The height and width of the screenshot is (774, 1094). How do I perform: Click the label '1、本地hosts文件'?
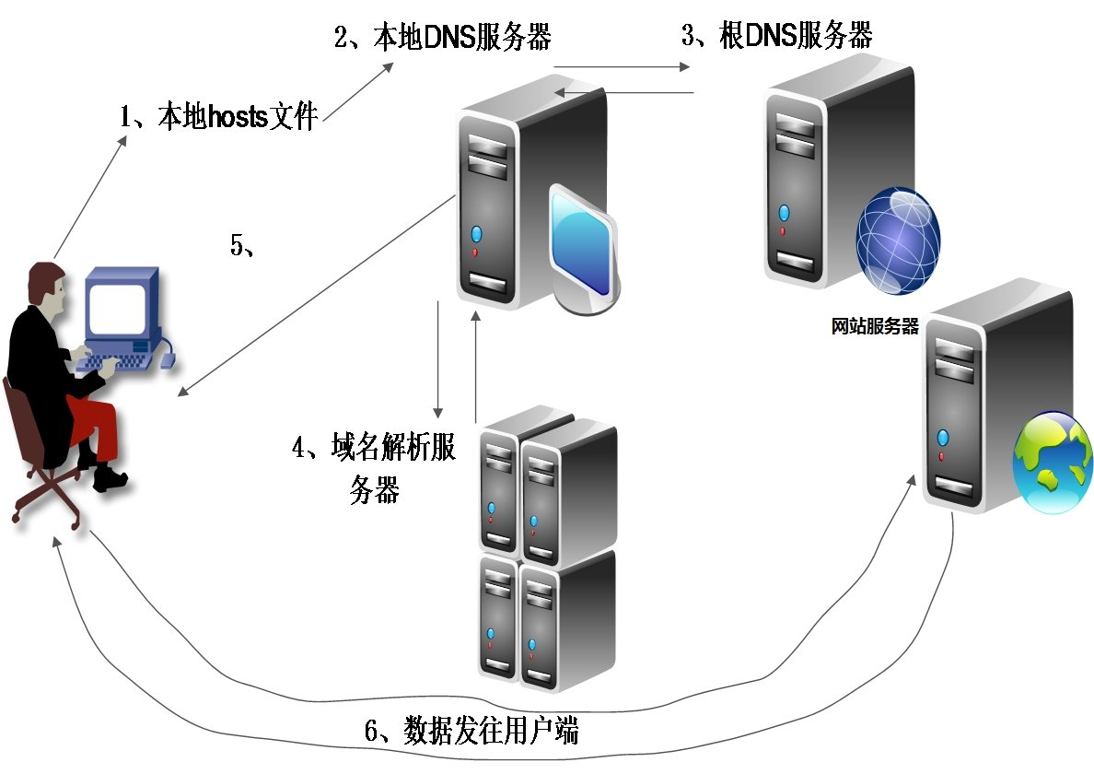218,118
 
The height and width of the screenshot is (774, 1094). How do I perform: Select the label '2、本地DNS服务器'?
442,38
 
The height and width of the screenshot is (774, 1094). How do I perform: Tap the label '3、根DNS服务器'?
776,36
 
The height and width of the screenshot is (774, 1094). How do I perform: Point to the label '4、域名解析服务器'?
374,468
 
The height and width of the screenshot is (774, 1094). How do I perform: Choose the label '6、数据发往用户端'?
471,732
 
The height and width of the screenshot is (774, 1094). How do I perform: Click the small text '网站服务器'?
874,327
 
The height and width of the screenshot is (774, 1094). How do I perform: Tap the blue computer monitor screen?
117,309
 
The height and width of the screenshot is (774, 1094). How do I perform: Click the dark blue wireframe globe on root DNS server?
898,241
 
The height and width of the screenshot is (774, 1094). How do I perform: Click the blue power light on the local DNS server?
476,233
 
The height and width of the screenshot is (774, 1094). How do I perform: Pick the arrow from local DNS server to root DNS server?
622,67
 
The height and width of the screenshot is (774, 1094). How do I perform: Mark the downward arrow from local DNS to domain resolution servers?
439,359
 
